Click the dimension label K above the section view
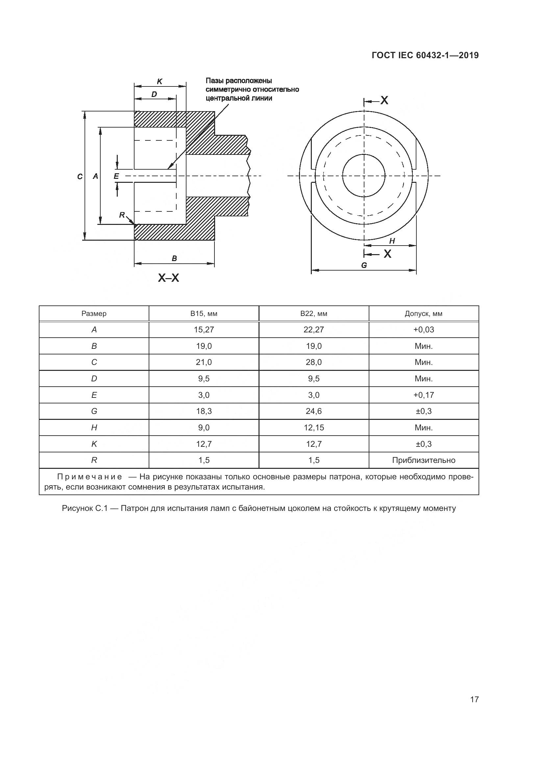[x=160, y=81]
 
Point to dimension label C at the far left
[x=80, y=177]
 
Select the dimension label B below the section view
[x=174, y=258]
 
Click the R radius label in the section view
[x=122, y=215]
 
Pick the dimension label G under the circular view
[x=364, y=265]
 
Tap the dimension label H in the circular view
[x=392, y=241]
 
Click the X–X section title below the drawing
[x=168, y=278]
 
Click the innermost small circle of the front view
[x=364, y=175]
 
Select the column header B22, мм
[x=313, y=314]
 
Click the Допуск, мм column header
[x=423, y=314]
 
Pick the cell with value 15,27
[x=204, y=329]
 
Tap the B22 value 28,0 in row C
[x=313, y=362]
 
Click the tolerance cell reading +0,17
[x=423, y=395]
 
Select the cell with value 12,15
[x=313, y=427]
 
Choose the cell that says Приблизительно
[x=423, y=460]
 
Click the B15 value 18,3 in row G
[x=204, y=411]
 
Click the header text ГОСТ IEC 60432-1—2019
[x=425, y=55]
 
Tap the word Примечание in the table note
[x=89, y=477]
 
